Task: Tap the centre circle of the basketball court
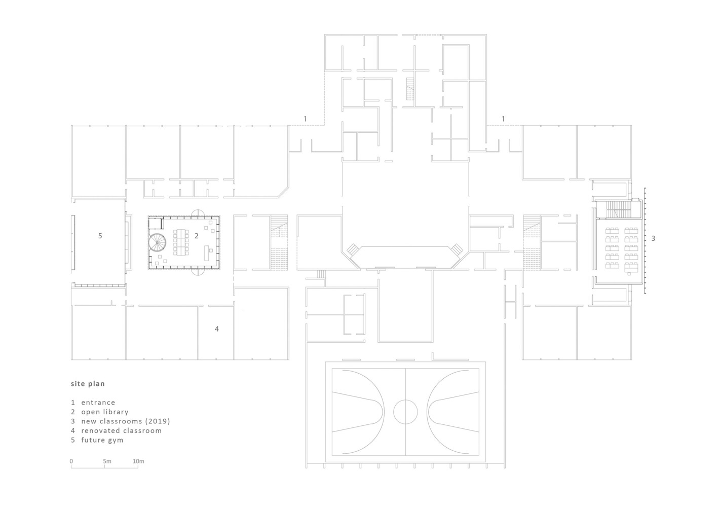pos(405,411)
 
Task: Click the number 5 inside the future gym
pos(100,236)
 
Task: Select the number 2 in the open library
pos(197,236)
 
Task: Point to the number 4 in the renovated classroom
pos(217,329)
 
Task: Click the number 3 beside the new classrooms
pos(653,238)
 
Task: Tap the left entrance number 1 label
pos(305,119)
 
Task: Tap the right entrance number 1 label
pos(503,119)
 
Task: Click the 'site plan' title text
pos(88,384)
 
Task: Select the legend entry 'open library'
pos(104,412)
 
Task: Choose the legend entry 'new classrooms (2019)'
pos(125,421)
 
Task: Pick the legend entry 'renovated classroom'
pos(121,430)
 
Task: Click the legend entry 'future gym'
pos(102,440)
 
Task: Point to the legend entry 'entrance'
pos(98,403)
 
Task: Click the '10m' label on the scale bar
pos(138,461)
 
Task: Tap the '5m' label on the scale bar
pos(107,461)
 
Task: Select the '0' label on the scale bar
pos(71,461)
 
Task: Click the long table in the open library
pos(180,242)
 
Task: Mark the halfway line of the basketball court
pos(405,385)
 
